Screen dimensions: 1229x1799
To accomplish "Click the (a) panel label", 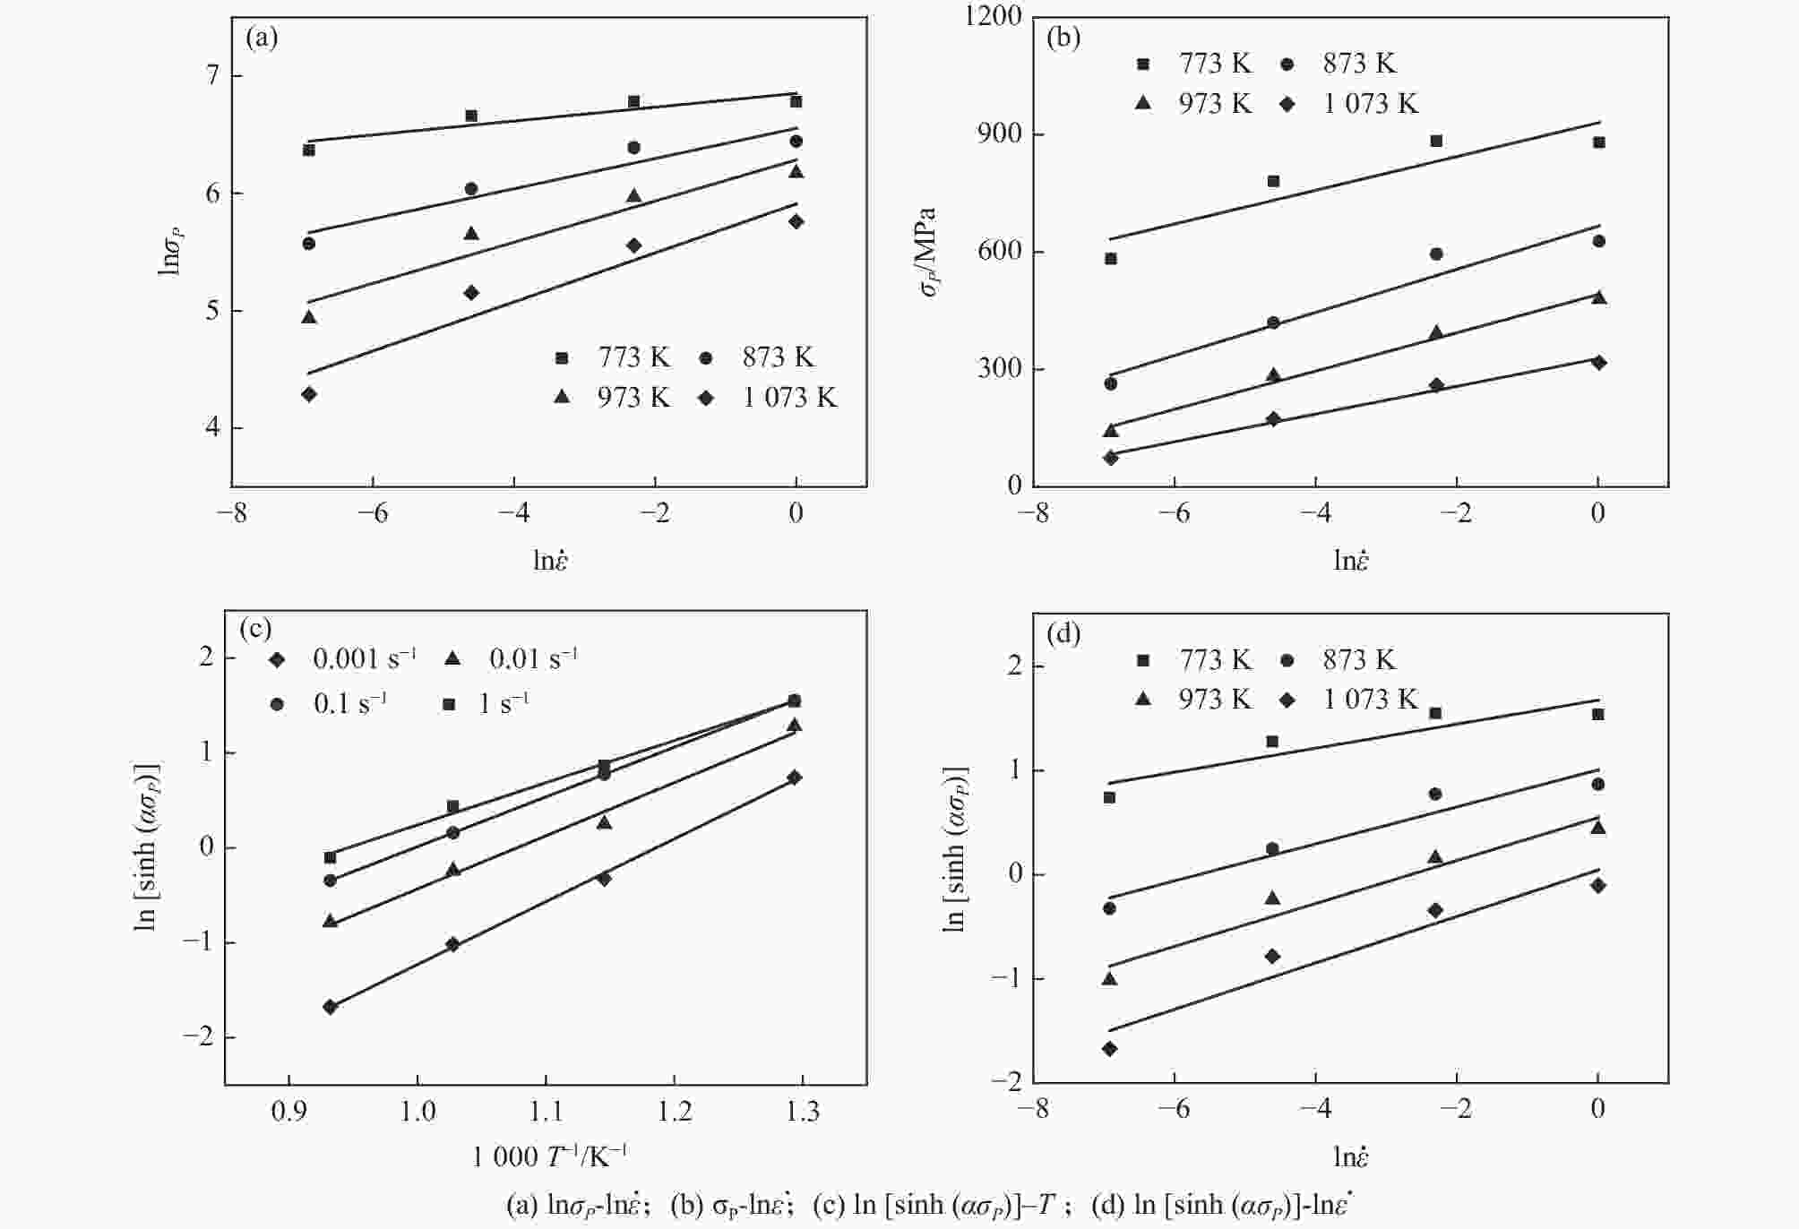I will coord(262,39).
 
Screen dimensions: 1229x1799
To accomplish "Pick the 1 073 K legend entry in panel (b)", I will coord(1352,104).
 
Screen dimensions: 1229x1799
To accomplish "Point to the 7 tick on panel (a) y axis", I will coord(212,76).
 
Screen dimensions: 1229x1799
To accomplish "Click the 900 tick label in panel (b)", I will coord(1000,134).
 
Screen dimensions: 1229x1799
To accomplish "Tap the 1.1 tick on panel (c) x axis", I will coord(546,1111).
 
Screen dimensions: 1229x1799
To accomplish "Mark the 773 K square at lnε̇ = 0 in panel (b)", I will coord(1598,142).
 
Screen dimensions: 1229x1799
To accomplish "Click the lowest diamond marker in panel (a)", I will coord(309,394).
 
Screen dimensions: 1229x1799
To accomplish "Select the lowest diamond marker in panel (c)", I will coord(330,1007).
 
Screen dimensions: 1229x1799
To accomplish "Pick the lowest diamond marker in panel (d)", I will coord(1109,1048).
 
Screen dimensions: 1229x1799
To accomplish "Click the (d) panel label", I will coord(1063,634).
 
